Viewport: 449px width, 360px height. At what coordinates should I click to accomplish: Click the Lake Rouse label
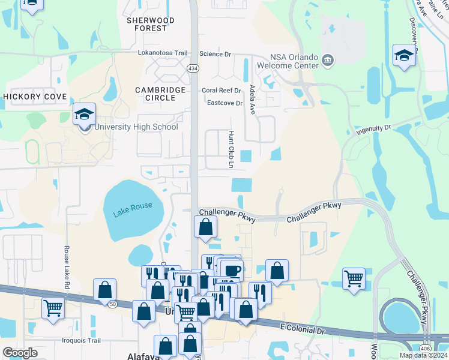tap(133, 212)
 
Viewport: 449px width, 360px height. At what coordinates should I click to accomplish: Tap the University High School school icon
tap(85, 113)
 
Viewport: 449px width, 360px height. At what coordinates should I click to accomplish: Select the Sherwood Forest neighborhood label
tap(150, 24)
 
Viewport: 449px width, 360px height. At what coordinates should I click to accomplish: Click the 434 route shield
tap(193, 68)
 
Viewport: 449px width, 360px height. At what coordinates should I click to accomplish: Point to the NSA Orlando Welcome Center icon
tap(328, 59)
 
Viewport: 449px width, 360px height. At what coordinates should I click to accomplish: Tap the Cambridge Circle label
tap(160, 94)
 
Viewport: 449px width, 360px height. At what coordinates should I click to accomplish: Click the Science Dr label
tap(215, 54)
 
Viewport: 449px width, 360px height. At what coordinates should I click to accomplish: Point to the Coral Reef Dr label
tap(221, 91)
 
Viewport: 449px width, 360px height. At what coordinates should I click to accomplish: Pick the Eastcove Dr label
tap(224, 103)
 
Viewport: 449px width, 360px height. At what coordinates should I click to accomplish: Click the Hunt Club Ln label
tap(231, 149)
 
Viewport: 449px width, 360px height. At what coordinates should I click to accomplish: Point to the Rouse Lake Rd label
tap(67, 265)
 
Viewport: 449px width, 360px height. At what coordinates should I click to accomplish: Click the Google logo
tap(20, 353)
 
